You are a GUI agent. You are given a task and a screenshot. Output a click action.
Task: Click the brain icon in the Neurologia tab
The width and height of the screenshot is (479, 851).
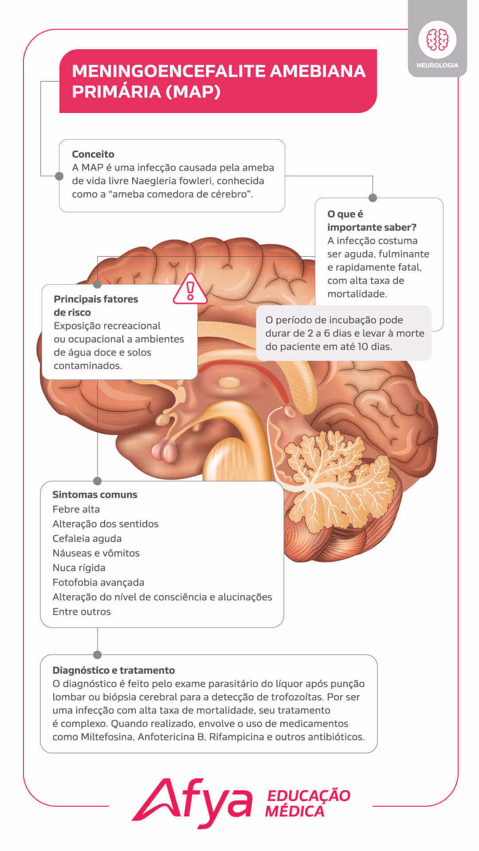[x=437, y=39]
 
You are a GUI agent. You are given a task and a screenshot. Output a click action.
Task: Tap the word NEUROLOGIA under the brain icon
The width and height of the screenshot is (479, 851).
[x=437, y=65]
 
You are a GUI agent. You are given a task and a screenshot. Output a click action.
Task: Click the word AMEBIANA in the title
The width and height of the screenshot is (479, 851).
[x=318, y=71]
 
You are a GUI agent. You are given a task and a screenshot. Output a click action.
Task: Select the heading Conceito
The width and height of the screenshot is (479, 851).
[x=93, y=154]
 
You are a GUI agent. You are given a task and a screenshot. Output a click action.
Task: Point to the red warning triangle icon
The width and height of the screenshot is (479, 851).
[x=190, y=290]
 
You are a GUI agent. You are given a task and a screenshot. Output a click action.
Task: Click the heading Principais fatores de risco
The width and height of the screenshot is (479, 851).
[x=95, y=305]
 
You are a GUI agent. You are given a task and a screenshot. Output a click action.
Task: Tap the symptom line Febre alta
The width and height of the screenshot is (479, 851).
[x=76, y=509]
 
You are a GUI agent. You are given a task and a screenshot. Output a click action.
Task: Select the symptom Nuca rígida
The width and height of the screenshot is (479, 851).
[x=79, y=568]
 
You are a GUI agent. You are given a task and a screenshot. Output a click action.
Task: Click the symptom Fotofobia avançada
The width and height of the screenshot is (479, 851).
[x=98, y=582]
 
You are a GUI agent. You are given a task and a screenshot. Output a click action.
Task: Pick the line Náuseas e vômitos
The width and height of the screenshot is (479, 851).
[x=96, y=553]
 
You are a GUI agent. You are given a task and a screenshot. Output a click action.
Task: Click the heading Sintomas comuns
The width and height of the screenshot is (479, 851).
[x=95, y=495]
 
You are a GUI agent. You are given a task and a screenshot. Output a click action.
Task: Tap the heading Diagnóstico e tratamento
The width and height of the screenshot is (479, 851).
[x=114, y=670]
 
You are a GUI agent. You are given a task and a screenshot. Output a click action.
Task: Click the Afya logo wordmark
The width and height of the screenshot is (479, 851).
[x=192, y=801]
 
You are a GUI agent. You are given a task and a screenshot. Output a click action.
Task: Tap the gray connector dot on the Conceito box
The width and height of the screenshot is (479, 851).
[x=59, y=176]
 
